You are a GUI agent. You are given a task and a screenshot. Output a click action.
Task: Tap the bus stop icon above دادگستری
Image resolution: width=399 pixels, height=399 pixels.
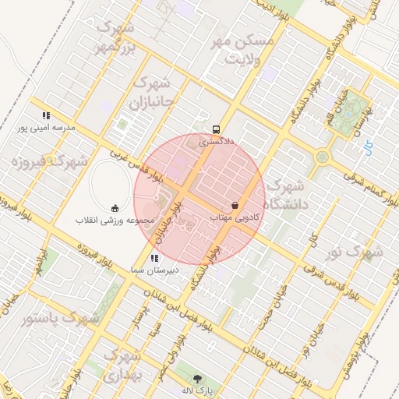pyautogui.click(x=216, y=130)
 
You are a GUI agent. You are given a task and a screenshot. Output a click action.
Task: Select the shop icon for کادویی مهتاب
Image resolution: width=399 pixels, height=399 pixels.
pyautogui.click(x=235, y=205)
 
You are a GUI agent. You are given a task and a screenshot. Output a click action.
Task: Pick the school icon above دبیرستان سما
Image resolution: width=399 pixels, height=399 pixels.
pyautogui.click(x=153, y=257)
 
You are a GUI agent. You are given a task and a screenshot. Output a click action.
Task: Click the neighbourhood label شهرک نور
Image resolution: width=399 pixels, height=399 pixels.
pyautogui.click(x=355, y=252)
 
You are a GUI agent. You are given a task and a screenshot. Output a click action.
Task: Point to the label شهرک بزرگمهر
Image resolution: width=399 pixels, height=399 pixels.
pyautogui.click(x=115, y=38)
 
